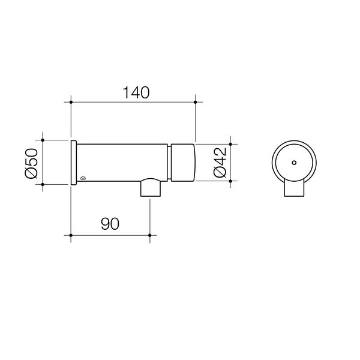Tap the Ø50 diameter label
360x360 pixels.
pyautogui.click(x=32, y=163)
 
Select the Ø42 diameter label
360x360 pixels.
pyautogui.click(x=220, y=163)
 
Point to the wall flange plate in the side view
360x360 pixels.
pyautogui.click(x=73, y=163)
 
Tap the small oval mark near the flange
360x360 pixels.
pyautogui.click(x=83, y=178)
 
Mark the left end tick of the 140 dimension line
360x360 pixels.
pyautogui.click(x=71, y=103)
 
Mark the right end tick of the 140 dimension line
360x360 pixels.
pyautogui.click(x=196, y=103)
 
